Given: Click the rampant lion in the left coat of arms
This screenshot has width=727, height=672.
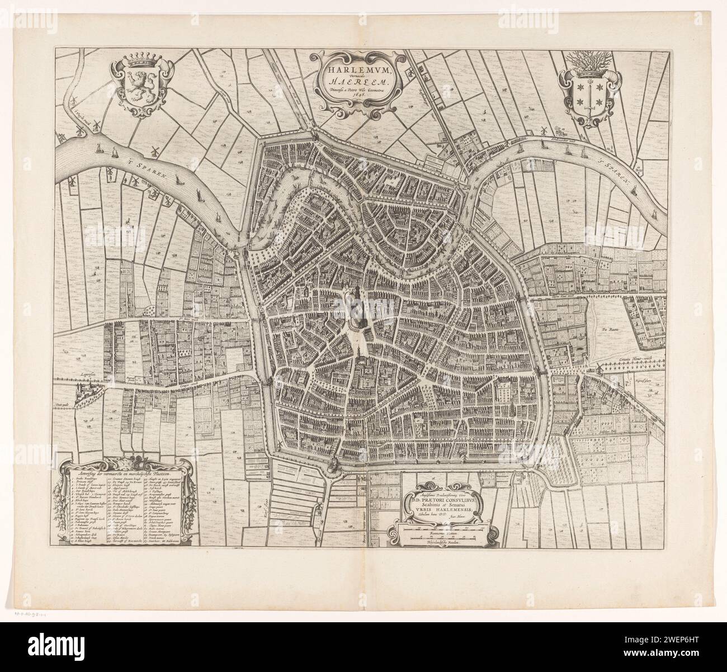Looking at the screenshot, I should click(x=136, y=87).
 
